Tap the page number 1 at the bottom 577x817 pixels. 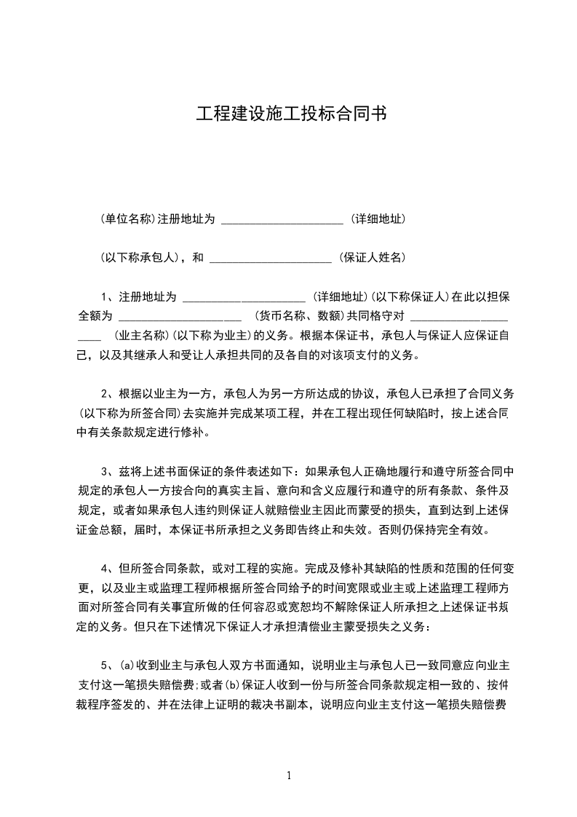click(x=289, y=775)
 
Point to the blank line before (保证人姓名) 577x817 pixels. click(x=270, y=260)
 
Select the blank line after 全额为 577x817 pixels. click(x=179, y=319)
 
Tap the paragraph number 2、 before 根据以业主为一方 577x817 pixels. click(x=109, y=394)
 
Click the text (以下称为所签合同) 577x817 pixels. click(x=128, y=414)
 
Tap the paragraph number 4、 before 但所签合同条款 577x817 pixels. click(x=109, y=568)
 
